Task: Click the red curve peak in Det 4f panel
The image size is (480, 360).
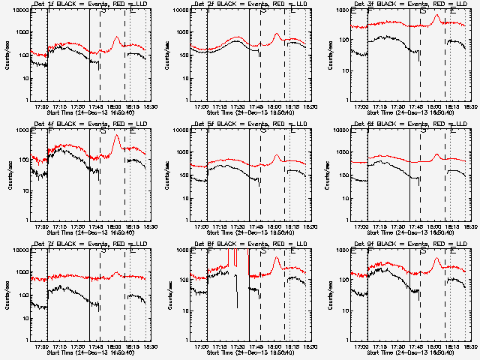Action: click(116, 136)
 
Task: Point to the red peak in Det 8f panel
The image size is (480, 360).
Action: click(277, 259)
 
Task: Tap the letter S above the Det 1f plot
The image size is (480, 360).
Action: click(102, 12)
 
